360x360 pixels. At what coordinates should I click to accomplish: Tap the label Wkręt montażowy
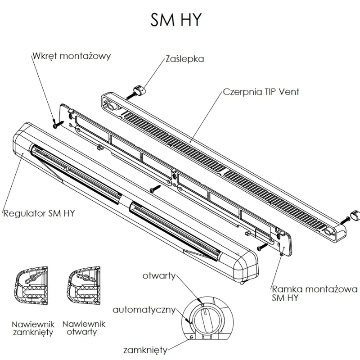click(71, 57)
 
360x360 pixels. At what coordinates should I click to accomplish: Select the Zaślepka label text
click(184, 59)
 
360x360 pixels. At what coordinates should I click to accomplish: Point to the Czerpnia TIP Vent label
click(261, 92)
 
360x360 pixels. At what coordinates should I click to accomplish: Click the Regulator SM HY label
click(39, 213)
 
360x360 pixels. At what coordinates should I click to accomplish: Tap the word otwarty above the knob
click(159, 276)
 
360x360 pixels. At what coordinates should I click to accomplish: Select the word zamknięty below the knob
click(145, 350)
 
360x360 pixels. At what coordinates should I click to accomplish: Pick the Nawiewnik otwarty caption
click(84, 328)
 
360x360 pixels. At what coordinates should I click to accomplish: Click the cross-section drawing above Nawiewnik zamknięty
click(32, 288)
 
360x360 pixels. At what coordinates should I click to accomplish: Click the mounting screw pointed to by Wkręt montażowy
click(55, 125)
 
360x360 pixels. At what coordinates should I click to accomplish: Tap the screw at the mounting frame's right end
click(261, 247)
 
